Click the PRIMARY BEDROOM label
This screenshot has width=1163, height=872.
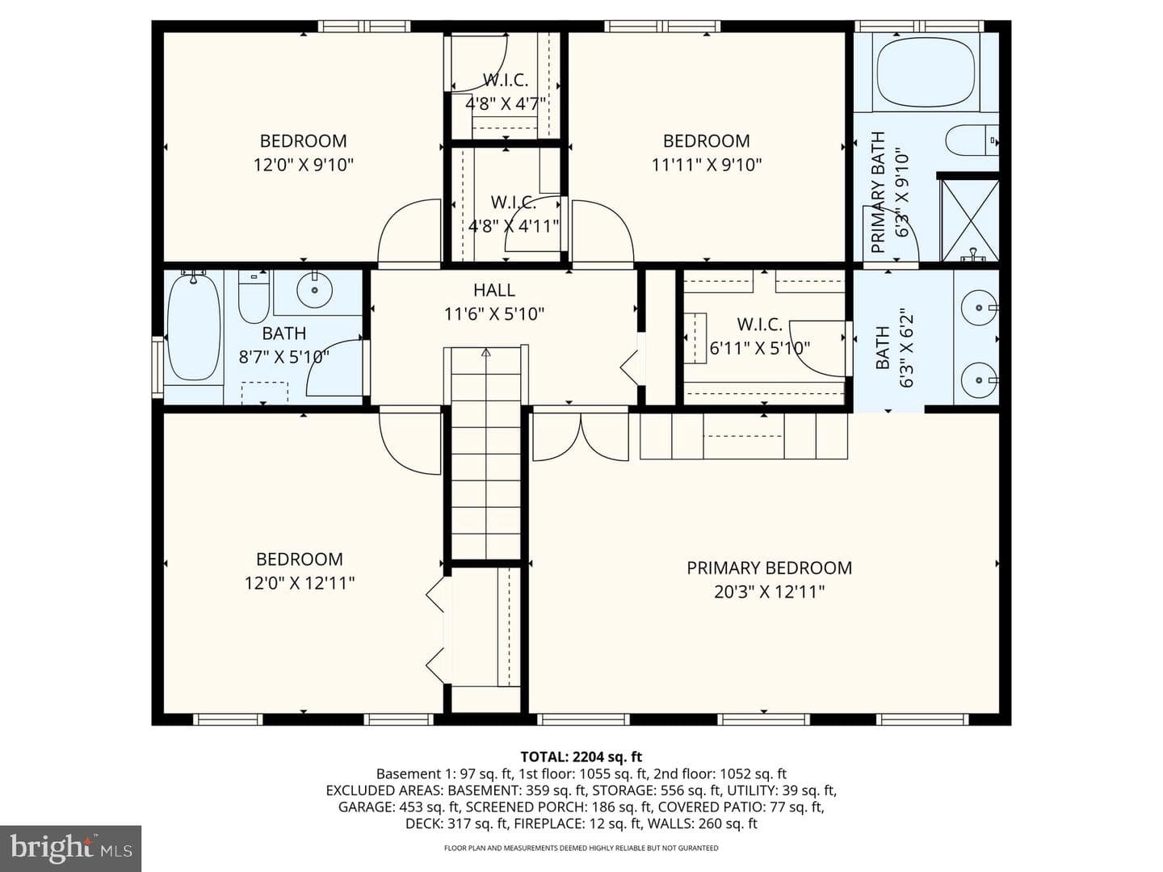tap(769, 568)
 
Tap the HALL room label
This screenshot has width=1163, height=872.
tap(493, 290)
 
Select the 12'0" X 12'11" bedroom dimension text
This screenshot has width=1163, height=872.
tap(300, 584)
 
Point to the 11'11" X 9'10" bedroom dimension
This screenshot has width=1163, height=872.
tap(706, 166)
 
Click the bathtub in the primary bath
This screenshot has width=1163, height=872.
tap(926, 72)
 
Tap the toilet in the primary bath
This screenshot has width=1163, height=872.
tap(972, 140)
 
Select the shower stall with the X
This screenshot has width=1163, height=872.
tap(969, 220)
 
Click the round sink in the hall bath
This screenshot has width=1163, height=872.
tap(315, 290)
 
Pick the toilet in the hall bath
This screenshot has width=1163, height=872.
tap(254, 296)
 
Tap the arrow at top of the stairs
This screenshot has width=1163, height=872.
tap(485, 351)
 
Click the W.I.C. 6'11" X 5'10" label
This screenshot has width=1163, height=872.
tap(760, 336)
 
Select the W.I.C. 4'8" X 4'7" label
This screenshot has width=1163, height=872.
tap(506, 91)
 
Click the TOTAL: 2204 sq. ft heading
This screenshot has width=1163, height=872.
tap(581, 756)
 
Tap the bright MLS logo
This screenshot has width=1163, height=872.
tap(70, 849)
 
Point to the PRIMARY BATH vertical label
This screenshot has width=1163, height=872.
tap(878, 192)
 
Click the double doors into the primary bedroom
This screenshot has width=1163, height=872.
tap(581, 436)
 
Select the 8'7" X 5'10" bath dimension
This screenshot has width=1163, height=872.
tap(284, 357)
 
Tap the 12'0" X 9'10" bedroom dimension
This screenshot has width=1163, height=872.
tap(303, 166)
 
